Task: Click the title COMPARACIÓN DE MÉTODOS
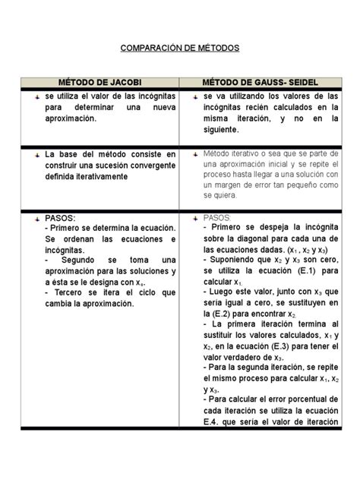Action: pos(180,48)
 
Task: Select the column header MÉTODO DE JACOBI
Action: pos(99,81)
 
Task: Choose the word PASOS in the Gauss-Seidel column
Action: pos(220,216)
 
